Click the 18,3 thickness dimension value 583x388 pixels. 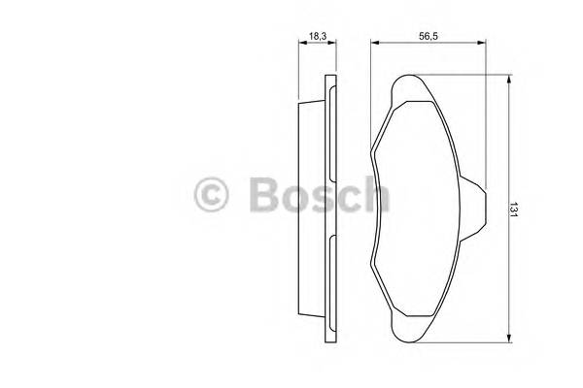pos(317,36)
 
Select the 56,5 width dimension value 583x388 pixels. pos(429,36)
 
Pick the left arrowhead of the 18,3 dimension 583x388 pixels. pos(300,44)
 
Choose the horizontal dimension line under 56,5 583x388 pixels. pos(429,44)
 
